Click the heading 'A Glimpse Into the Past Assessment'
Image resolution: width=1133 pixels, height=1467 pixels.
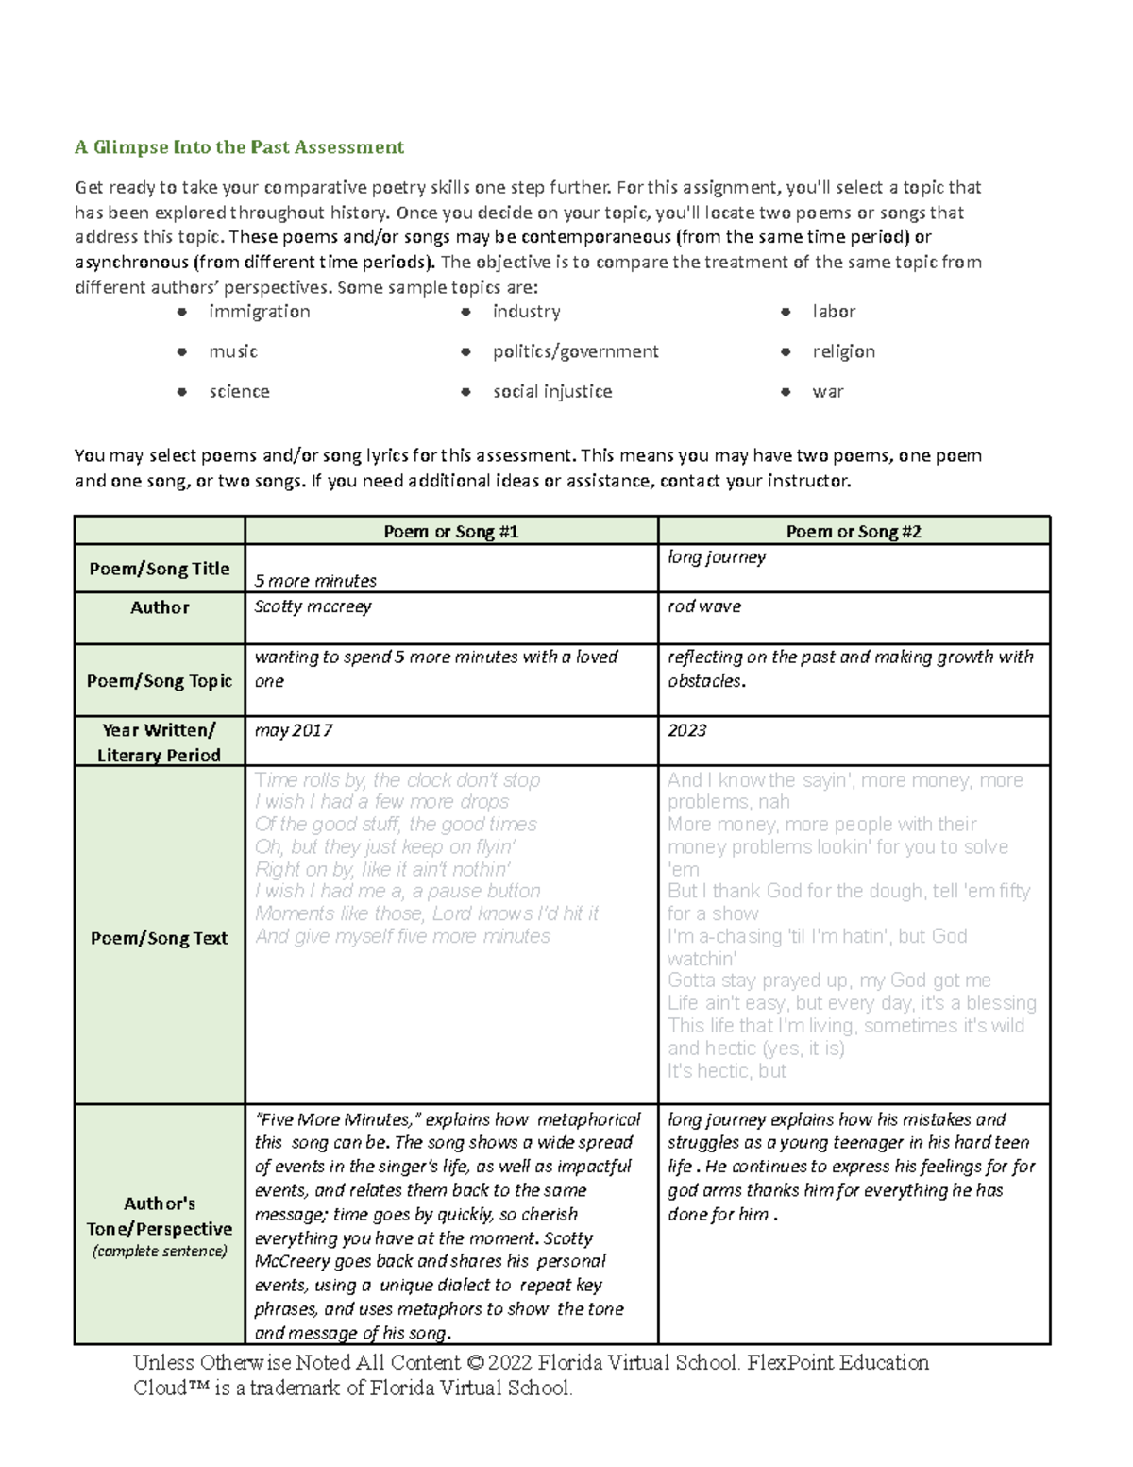[x=239, y=146]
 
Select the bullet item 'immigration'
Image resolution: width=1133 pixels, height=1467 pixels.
[x=259, y=312]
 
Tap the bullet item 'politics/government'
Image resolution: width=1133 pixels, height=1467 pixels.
[x=575, y=351]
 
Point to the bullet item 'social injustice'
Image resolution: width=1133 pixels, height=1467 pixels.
[x=551, y=391]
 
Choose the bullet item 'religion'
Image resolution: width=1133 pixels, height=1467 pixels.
[x=843, y=351]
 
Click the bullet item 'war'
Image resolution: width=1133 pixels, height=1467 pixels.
[x=827, y=391]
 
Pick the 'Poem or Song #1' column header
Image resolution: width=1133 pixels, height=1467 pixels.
[x=450, y=532]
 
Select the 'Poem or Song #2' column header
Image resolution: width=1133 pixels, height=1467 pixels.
[x=854, y=532]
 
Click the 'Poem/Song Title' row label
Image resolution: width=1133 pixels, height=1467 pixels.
[x=159, y=569]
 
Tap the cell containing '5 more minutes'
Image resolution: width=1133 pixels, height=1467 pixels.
[x=315, y=581]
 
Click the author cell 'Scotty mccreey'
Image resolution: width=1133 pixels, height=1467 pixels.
[x=313, y=606]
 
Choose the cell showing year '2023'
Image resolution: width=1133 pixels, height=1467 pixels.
[x=687, y=730]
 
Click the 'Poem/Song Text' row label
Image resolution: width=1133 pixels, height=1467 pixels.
[x=159, y=938]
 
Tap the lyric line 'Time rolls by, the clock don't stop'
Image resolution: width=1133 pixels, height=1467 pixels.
[x=397, y=780]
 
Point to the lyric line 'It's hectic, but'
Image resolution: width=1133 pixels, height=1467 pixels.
[x=726, y=1071]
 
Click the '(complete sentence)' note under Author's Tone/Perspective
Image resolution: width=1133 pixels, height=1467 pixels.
[x=159, y=1252]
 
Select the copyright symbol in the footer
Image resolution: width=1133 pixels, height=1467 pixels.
[x=474, y=1363]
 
